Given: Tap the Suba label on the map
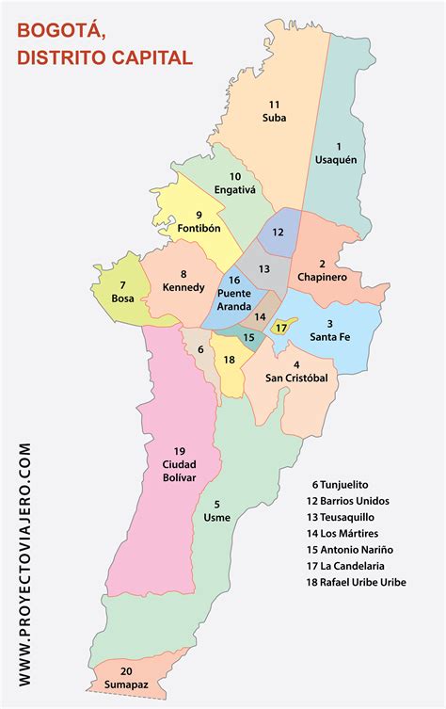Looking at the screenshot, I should click(275, 118).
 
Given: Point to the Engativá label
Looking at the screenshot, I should click(235, 189).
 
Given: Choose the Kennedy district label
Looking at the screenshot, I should click(183, 287).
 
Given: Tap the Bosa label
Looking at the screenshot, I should click(123, 298).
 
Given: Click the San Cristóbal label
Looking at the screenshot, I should click(295, 379).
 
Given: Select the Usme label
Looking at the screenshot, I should click(216, 517).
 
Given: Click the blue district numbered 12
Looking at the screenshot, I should click(278, 232).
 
